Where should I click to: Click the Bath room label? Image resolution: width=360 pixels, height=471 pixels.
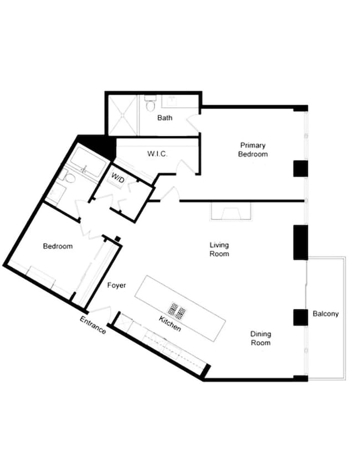pyautogui.click(x=164, y=118)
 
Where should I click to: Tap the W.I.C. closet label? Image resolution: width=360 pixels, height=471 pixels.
pyautogui.click(x=157, y=153)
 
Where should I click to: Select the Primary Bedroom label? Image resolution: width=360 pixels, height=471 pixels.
pyautogui.click(x=253, y=150)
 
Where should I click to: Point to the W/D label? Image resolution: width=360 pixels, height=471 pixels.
pyautogui.click(x=118, y=178)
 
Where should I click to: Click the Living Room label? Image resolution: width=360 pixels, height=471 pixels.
pyautogui.click(x=219, y=249)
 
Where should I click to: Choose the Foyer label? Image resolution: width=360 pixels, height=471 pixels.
pyautogui.click(x=116, y=286)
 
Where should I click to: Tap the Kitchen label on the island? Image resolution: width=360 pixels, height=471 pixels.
pyautogui.click(x=170, y=324)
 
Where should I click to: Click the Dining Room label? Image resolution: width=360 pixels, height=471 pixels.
pyautogui.click(x=260, y=338)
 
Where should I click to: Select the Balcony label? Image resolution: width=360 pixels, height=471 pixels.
pyautogui.click(x=326, y=314)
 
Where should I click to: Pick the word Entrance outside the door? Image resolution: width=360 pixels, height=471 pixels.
pyautogui.click(x=93, y=325)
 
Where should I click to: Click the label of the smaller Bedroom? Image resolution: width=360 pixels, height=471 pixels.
pyautogui.click(x=58, y=246)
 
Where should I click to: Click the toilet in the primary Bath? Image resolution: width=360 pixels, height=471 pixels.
pyautogui.click(x=150, y=103)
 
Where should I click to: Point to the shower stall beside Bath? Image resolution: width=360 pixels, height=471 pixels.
pyautogui.click(x=122, y=115)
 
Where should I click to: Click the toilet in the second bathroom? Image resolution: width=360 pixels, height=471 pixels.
pyautogui.click(x=68, y=177)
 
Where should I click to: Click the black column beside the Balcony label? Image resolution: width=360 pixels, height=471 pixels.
pyautogui.click(x=300, y=317)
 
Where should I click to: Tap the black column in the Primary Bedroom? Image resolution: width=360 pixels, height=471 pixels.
pyautogui.click(x=300, y=168)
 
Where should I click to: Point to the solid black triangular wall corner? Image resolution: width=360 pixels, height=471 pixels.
pyautogui.click(x=100, y=145)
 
